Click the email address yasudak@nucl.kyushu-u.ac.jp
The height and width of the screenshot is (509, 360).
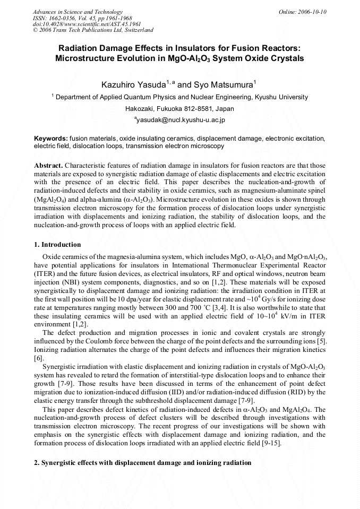tap(181, 120)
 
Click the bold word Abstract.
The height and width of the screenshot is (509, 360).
tap(49, 165)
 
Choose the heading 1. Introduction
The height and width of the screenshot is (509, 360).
tap(57, 245)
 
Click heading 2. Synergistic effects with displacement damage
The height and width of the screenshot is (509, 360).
tap(142, 463)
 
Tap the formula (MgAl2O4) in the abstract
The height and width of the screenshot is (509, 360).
tap(51, 199)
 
